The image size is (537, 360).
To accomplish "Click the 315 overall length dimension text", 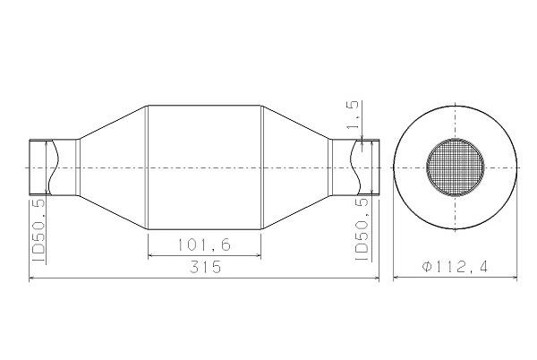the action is coord(205,267).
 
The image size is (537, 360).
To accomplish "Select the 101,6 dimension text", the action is coord(204,244).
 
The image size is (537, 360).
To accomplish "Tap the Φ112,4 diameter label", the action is coord(455,267).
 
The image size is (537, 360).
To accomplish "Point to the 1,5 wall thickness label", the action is coord(354,115).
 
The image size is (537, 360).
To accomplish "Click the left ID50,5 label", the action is coord(38,231).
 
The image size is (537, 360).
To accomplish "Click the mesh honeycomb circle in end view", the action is coord(456,167).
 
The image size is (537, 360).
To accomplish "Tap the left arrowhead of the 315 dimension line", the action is coord(31,279).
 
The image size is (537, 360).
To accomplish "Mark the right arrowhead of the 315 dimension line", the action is coord(377,279).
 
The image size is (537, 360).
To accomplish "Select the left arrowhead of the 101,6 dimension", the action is coord(150,255).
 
